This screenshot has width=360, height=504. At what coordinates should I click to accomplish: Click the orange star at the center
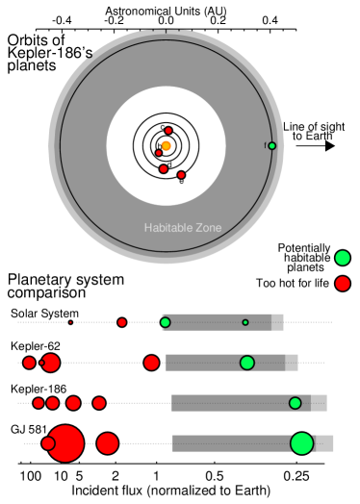pos(166,146)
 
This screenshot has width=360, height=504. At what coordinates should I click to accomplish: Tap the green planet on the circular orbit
pos(271,146)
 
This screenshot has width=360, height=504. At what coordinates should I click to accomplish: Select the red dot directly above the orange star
pos(168,130)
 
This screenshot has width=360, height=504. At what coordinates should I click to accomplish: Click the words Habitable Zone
pos(183,228)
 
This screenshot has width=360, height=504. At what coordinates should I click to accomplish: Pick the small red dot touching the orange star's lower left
pos(159,153)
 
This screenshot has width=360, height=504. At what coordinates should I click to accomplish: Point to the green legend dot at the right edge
pos(343,258)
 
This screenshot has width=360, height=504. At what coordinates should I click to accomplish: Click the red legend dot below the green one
pos(343,283)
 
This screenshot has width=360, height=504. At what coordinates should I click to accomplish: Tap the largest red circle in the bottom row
pos(65,443)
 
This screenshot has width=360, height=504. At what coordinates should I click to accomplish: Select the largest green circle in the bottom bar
pos(302,443)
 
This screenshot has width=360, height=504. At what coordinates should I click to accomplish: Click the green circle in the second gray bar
pos(247,363)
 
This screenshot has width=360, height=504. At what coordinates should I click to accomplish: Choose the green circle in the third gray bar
pos(295,403)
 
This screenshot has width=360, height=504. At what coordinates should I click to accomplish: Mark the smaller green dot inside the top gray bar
pos(245,322)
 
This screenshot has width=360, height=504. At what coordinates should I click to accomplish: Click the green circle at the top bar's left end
pos(166,322)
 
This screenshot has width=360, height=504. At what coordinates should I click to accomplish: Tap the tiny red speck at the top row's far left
pos(70,322)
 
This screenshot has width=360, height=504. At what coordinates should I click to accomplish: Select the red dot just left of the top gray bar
pos(122,322)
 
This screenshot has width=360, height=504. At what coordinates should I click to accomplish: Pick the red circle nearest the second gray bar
pos(151,363)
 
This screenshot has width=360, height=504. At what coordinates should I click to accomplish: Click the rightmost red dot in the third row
pos(99,403)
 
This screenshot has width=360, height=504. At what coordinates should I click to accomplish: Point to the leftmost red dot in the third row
pos(39,403)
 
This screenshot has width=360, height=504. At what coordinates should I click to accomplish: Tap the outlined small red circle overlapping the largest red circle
pos(48,443)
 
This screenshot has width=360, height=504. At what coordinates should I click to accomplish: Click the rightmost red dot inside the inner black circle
pos(181,175)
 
